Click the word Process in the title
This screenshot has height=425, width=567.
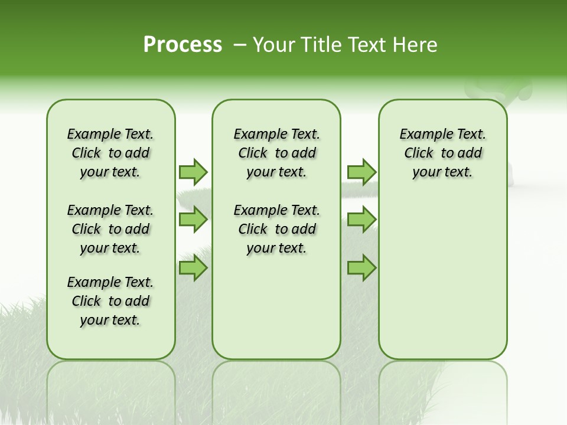pyautogui.click(x=183, y=44)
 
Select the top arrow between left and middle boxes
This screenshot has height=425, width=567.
pyautogui.click(x=193, y=172)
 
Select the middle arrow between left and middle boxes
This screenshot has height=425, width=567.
pyautogui.click(x=193, y=220)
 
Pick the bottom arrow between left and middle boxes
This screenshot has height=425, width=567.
pyautogui.click(x=193, y=268)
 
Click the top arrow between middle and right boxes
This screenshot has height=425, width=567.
pyautogui.click(x=361, y=172)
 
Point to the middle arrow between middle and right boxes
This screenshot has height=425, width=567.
pyautogui.click(x=361, y=220)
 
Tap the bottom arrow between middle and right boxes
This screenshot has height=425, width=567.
pyautogui.click(x=361, y=268)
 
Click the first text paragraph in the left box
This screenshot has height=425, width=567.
pyautogui.click(x=110, y=153)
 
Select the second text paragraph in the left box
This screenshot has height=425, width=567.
pyautogui.click(x=110, y=229)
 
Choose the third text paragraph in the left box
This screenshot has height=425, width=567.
pyautogui.click(x=110, y=301)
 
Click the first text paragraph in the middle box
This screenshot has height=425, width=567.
pyautogui.click(x=276, y=153)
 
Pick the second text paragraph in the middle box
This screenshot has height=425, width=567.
pyautogui.click(x=276, y=229)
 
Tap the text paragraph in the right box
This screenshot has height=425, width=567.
pyautogui.click(x=442, y=153)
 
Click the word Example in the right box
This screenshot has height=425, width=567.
pyautogui.click(x=420, y=134)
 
